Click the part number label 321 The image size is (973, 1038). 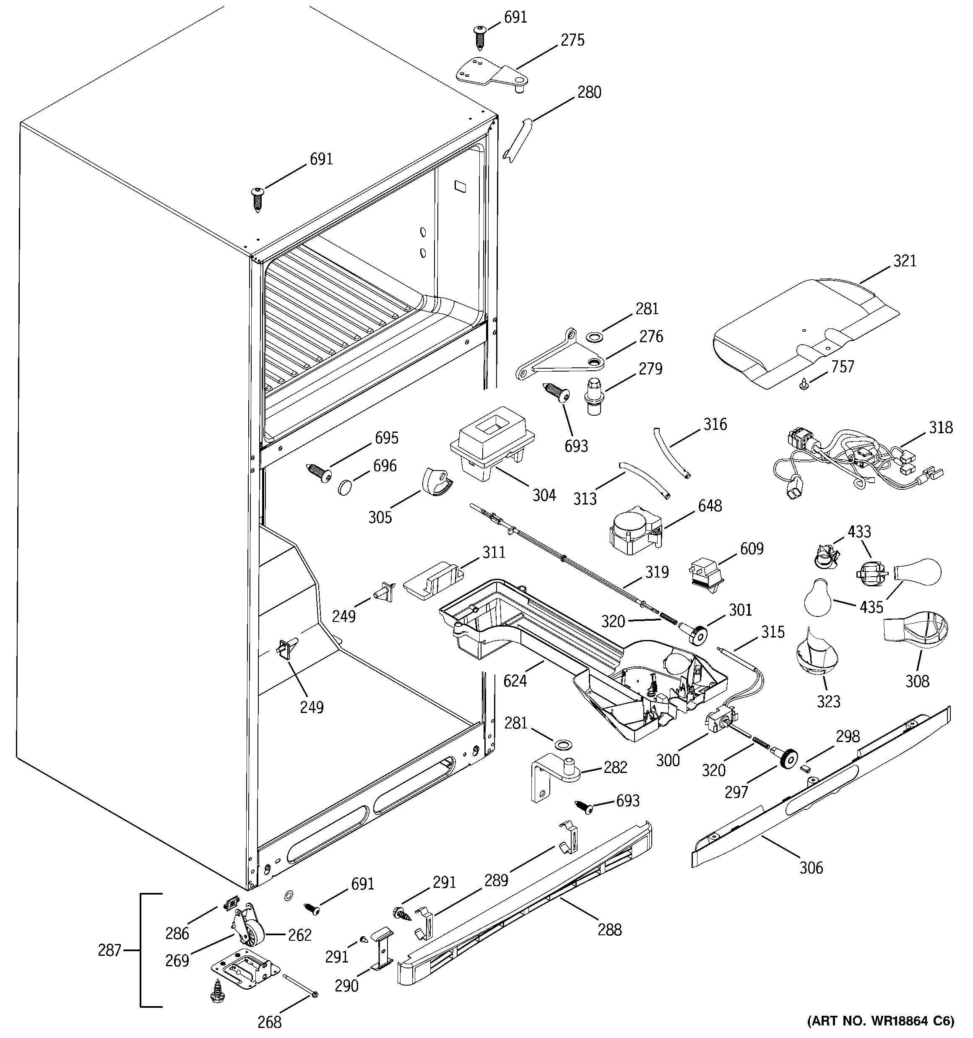[x=905, y=260]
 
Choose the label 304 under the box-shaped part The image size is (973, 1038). [x=544, y=495]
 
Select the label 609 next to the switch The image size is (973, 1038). [x=752, y=548]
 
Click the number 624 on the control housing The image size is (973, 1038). [x=515, y=680]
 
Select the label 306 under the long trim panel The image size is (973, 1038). [x=811, y=868]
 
